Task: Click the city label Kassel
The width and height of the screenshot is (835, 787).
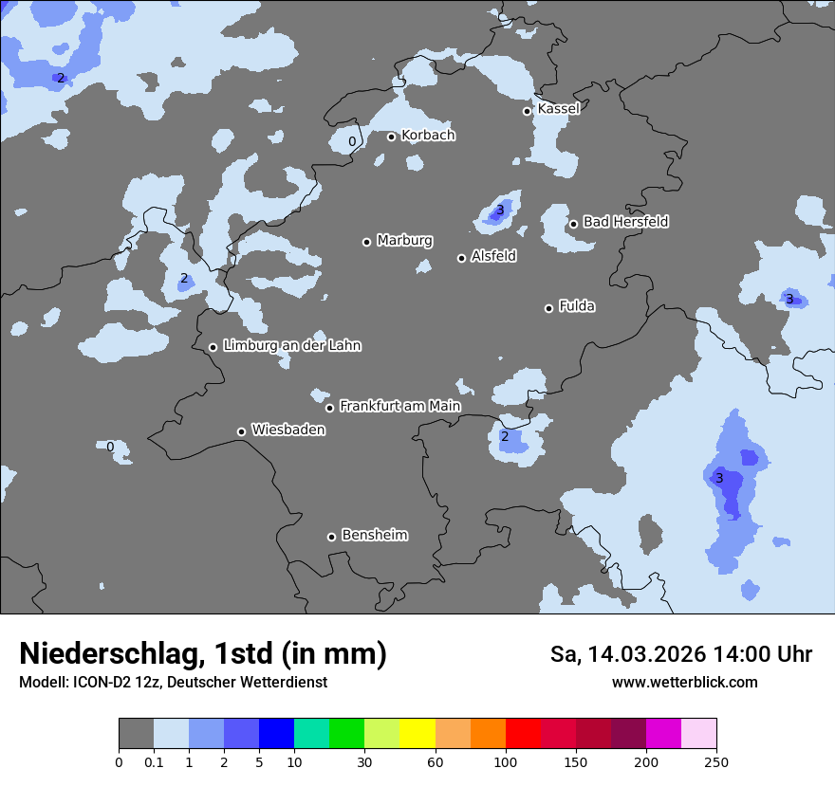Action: point(558,109)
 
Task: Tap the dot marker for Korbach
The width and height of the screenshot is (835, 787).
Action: point(391,137)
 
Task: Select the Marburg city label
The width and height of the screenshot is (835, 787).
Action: point(404,241)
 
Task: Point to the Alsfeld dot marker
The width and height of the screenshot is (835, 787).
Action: point(462,258)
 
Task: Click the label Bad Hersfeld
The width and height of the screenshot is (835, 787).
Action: point(625,222)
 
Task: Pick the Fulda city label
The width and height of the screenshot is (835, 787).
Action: point(577,306)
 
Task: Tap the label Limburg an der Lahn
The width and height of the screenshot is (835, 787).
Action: point(291,346)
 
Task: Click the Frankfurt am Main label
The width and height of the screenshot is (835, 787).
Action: point(399,406)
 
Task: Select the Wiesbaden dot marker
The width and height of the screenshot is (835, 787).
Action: point(242,431)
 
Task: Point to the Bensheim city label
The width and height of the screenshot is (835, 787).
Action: point(374,535)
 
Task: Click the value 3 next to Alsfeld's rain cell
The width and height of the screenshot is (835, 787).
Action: point(500,210)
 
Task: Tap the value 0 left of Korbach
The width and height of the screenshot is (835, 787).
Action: point(352,142)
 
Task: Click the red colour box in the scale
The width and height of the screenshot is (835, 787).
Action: point(523,734)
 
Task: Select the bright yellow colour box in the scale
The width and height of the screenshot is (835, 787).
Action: point(417,734)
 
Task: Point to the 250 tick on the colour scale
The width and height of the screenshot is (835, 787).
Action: point(716,761)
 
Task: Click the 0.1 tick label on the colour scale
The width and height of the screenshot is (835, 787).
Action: point(154,761)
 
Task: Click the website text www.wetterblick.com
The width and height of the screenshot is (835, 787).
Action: point(684,682)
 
